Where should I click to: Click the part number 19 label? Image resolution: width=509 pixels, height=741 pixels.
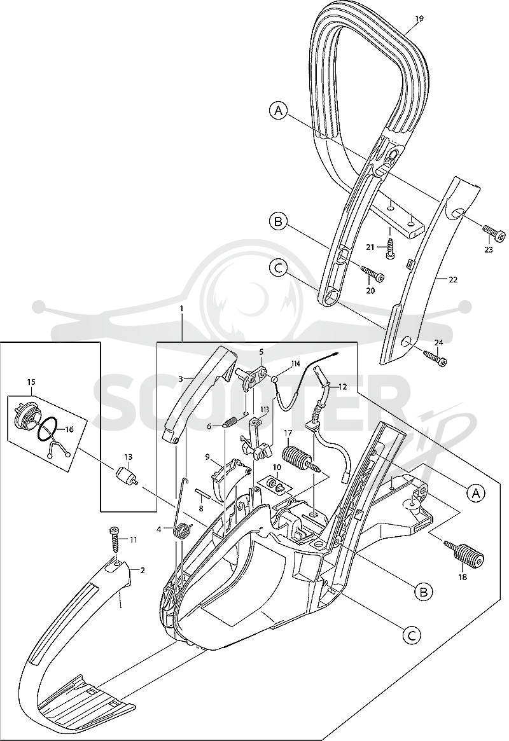tap(419, 18)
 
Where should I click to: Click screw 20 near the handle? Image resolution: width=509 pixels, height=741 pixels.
tap(373, 273)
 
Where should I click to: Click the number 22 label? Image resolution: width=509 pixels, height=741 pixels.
tap(453, 279)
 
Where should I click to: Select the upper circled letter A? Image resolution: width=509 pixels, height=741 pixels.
tap(279, 111)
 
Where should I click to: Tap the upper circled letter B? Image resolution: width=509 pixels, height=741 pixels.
tap(278, 221)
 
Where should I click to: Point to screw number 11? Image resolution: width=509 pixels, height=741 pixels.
tap(115, 543)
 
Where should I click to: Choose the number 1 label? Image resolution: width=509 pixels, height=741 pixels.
tap(181, 308)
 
